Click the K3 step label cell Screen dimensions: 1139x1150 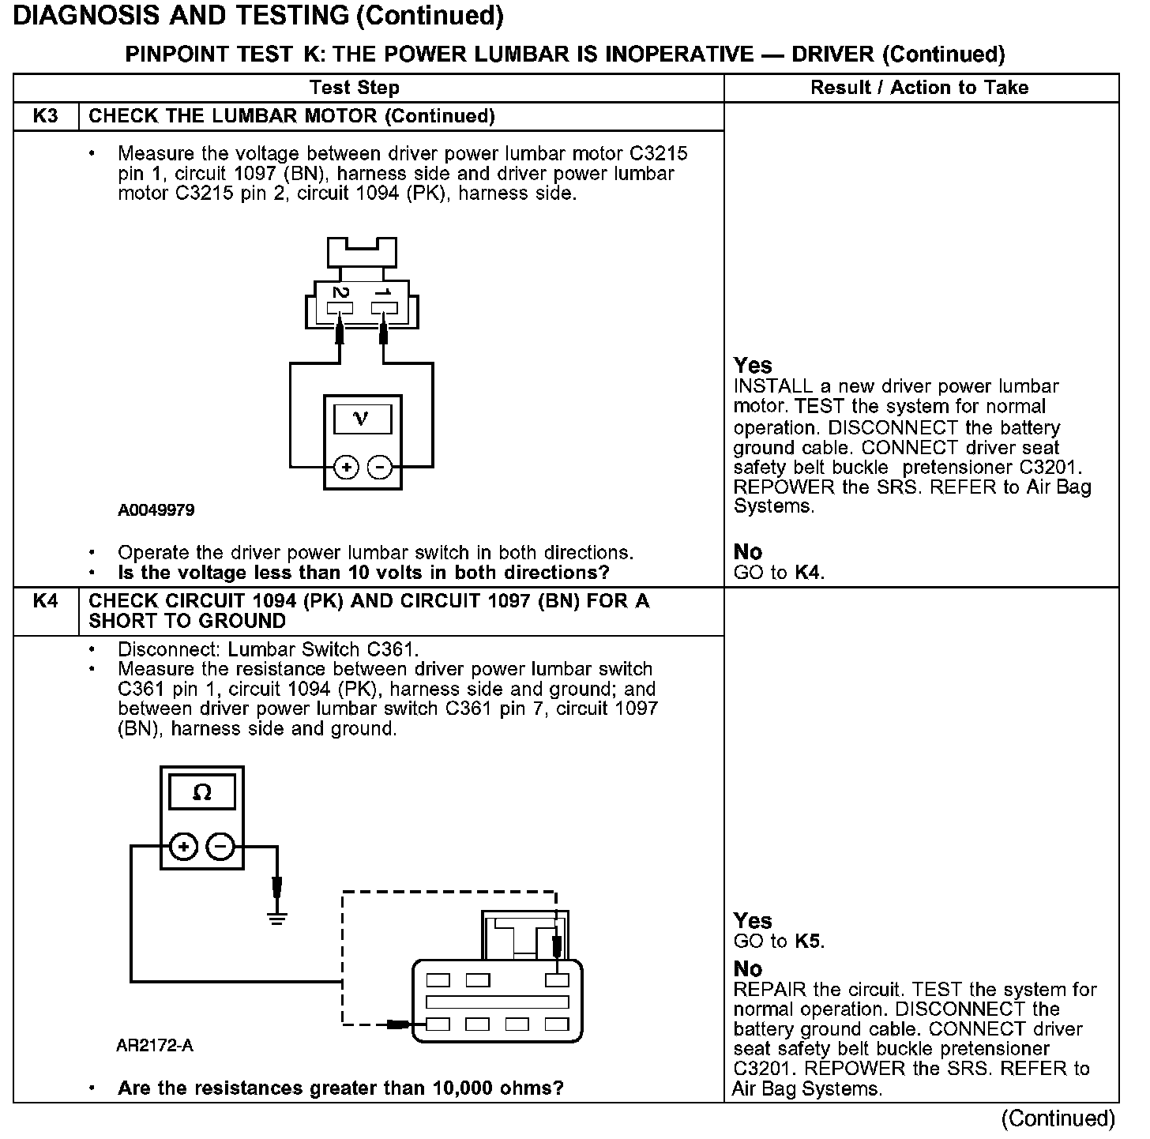pos(46,116)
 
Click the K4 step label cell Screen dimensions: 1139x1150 pos(46,601)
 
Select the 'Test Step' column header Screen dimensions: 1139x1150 pos(355,88)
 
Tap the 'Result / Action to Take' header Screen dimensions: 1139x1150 pos(919,88)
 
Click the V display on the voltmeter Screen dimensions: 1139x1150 pos(362,419)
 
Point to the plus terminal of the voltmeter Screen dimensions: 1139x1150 pos(346,468)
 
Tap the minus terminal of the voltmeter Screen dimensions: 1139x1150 pos(380,468)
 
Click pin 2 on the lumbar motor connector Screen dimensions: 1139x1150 pos(340,303)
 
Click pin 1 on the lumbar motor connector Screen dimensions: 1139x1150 pos(384,303)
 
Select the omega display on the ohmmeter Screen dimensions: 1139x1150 pos(202,793)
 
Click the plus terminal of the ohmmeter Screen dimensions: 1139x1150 pos(183,848)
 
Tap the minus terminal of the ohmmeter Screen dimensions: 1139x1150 pos(220,848)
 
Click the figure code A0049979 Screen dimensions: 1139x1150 pos(156,510)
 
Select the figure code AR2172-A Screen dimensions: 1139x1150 pos(155,1046)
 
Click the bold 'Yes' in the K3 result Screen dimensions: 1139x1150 pos(753,366)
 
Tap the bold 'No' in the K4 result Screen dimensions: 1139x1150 pos(748,969)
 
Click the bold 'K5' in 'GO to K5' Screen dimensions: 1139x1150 pos(808,942)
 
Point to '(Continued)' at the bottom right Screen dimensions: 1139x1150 pos(1058,1118)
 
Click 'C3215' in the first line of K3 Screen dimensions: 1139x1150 pos(658,153)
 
